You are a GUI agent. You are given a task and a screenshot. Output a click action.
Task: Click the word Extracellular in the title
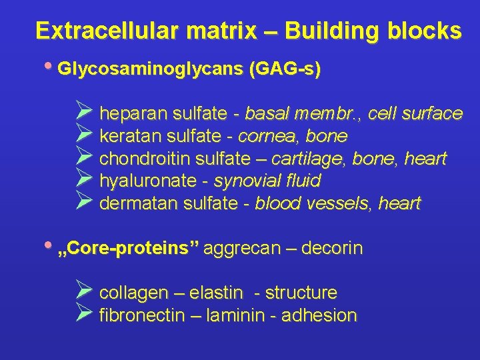(102, 31)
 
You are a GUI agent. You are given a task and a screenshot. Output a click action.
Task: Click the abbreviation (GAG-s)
(284, 69)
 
